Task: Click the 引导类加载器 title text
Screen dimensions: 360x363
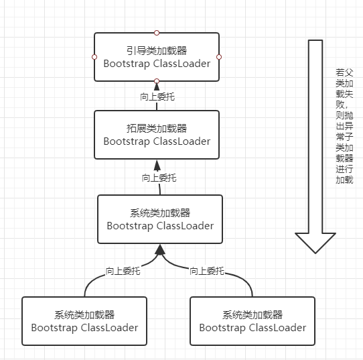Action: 157,51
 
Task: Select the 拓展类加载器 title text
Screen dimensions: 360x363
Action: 157,129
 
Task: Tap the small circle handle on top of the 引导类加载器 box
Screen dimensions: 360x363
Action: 157,32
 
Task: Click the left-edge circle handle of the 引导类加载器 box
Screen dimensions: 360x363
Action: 94,57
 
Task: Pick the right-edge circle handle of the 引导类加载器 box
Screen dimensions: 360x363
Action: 219,57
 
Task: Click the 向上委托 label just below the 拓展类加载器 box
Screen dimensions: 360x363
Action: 159,178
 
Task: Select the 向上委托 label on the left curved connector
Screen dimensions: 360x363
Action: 123,271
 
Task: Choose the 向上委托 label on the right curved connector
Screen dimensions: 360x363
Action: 207,271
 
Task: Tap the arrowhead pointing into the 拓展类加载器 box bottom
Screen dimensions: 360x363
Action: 157,165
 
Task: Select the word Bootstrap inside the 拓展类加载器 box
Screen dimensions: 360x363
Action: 127,141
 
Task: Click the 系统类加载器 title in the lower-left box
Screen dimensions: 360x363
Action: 84,314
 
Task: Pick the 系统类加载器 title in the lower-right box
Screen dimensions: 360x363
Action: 252,314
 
